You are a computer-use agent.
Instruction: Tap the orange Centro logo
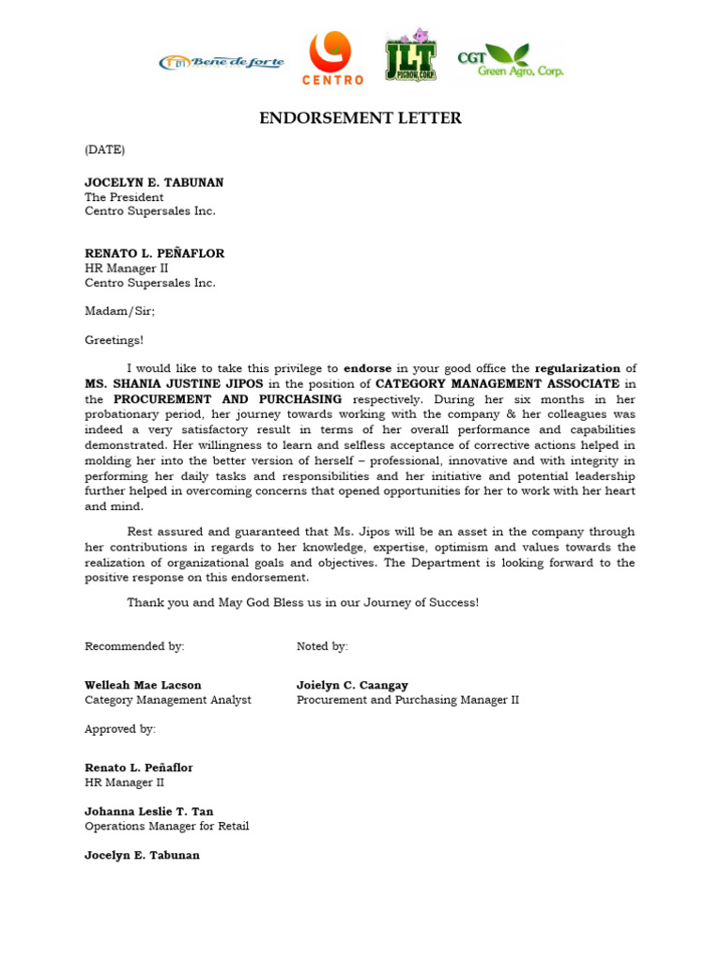click(x=332, y=57)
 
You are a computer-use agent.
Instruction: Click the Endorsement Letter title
click(x=360, y=118)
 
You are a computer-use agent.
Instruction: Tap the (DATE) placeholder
click(x=104, y=149)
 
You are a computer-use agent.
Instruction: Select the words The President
click(x=124, y=197)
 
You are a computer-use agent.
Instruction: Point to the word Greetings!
click(x=115, y=340)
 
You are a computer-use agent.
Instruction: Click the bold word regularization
click(x=577, y=368)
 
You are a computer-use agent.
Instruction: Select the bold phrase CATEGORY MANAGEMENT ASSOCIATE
click(x=498, y=383)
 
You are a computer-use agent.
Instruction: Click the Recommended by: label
click(x=134, y=646)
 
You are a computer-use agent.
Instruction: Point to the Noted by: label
click(x=322, y=646)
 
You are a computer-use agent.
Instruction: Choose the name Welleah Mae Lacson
click(x=143, y=685)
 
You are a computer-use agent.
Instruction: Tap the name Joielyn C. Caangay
click(x=352, y=685)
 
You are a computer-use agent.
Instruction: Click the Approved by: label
click(x=120, y=729)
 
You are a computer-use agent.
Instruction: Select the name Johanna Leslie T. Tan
click(x=148, y=812)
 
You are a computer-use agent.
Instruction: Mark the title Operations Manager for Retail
click(x=166, y=827)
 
